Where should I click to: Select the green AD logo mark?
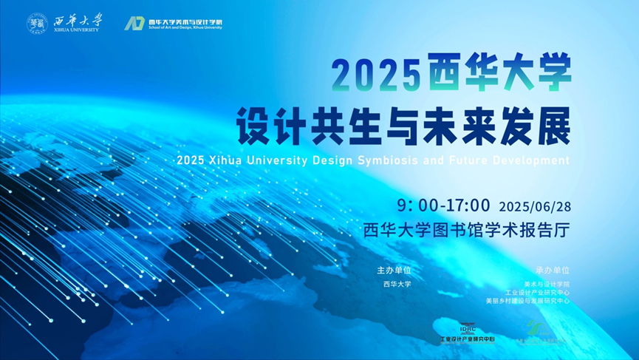134,23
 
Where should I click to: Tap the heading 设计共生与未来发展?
403,126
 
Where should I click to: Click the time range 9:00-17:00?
443,205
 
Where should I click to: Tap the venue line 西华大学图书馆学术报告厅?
468,230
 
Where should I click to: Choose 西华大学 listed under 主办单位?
397,284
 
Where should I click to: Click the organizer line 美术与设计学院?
547,284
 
